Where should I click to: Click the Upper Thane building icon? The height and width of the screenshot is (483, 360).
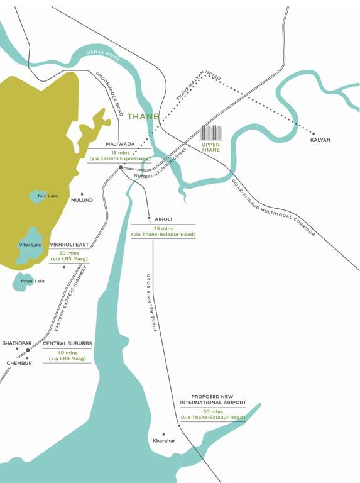pyautogui.click(x=210, y=133)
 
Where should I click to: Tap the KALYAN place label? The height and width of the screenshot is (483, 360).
pyautogui.click(x=320, y=140)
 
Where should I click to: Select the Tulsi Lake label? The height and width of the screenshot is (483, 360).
pyautogui.click(x=47, y=196)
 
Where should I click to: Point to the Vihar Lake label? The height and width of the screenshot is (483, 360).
pyautogui.click(x=30, y=245)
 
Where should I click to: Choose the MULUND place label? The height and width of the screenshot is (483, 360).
pyautogui.click(x=82, y=200)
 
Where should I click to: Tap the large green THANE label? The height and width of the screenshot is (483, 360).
pyautogui.click(x=143, y=117)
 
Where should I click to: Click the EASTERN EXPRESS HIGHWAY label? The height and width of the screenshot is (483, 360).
pyautogui.click(x=70, y=299)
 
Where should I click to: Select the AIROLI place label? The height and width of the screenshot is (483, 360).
pyautogui.click(x=163, y=219)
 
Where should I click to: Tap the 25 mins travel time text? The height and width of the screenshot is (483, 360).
pyautogui.click(x=163, y=228)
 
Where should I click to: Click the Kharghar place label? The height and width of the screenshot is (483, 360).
pyautogui.click(x=163, y=441)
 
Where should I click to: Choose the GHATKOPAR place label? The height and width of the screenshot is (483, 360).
pyautogui.click(x=16, y=344)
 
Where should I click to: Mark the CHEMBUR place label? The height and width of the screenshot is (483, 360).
pyautogui.click(x=19, y=363)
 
